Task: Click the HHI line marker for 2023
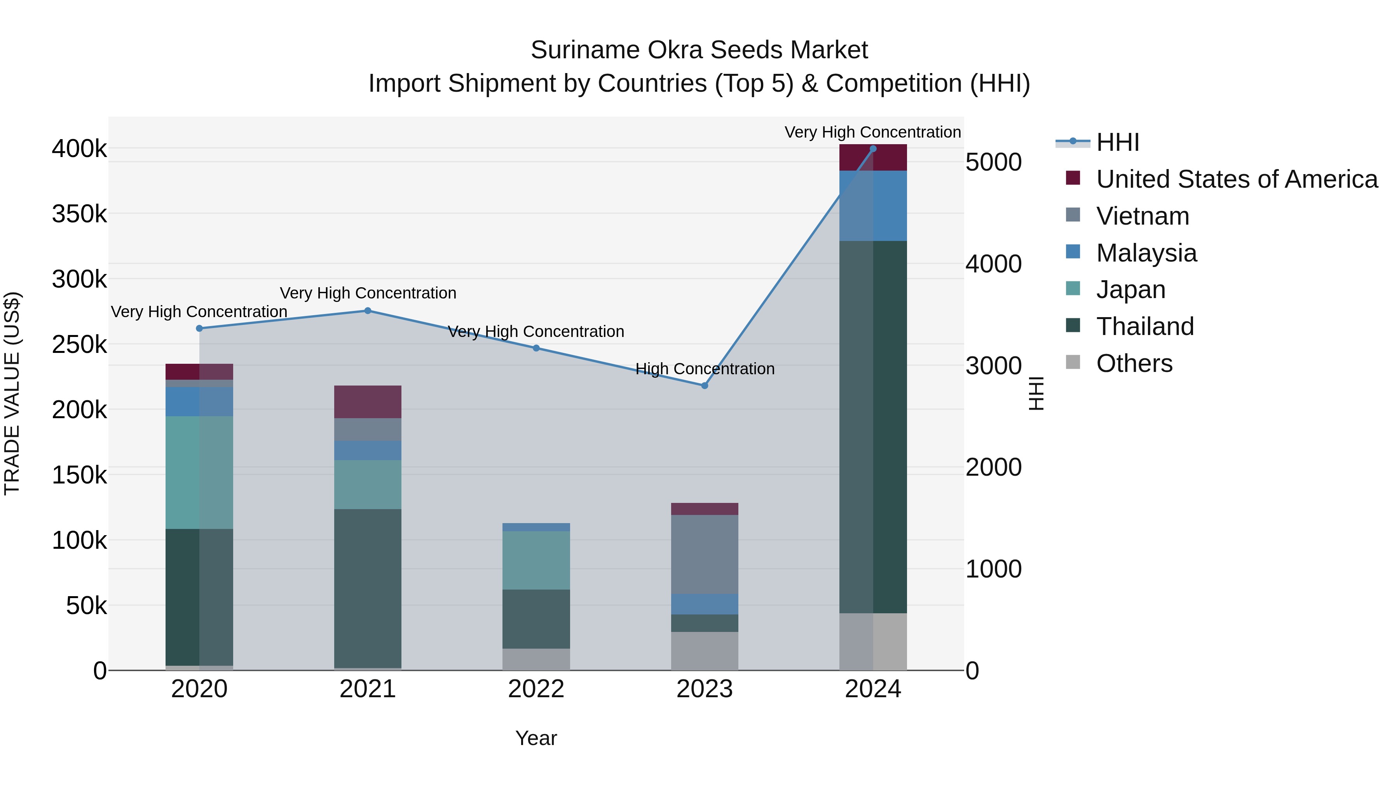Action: point(705,386)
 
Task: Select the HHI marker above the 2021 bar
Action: point(368,311)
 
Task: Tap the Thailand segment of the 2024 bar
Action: point(873,426)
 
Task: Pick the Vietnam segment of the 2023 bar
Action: point(705,554)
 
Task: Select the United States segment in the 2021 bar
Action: point(368,401)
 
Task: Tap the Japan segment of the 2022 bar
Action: point(536,560)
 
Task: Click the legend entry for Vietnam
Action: point(1142,216)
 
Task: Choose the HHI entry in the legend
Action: point(1117,142)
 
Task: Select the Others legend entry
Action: point(1134,363)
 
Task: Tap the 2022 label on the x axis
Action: point(536,689)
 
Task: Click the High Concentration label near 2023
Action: point(705,369)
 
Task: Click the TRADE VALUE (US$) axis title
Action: point(12,393)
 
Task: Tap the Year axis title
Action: point(536,738)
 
